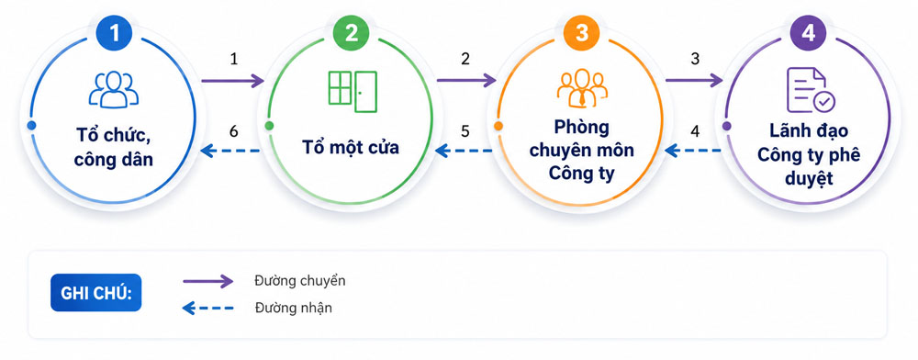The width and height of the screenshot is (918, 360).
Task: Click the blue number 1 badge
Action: click(x=114, y=33)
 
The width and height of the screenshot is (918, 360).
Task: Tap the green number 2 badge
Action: click(x=351, y=33)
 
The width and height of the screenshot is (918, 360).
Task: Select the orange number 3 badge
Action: click(x=581, y=33)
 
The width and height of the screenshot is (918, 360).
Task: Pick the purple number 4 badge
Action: click(x=808, y=33)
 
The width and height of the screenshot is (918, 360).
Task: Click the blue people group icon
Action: click(x=114, y=90)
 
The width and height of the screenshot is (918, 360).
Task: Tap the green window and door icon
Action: click(x=352, y=91)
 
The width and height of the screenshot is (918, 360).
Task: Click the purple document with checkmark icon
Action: click(x=811, y=90)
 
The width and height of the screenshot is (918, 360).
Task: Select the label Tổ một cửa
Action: click(x=351, y=147)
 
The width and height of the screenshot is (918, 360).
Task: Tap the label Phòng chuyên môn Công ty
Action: click(x=581, y=151)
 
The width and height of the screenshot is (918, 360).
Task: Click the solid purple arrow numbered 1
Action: click(x=232, y=81)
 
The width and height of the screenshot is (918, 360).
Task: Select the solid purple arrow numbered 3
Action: click(x=694, y=81)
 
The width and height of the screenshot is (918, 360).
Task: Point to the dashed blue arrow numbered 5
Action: click(x=465, y=151)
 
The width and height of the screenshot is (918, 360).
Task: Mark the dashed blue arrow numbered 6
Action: click(x=230, y=151)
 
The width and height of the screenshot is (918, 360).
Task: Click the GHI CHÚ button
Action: click(x=96, y=292)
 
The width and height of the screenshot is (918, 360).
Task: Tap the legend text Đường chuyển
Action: click(x=300, y=281)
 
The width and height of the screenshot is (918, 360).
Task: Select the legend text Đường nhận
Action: click(x=294, y=308)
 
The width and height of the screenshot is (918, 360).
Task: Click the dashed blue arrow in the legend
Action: click(x=207, y=308)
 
